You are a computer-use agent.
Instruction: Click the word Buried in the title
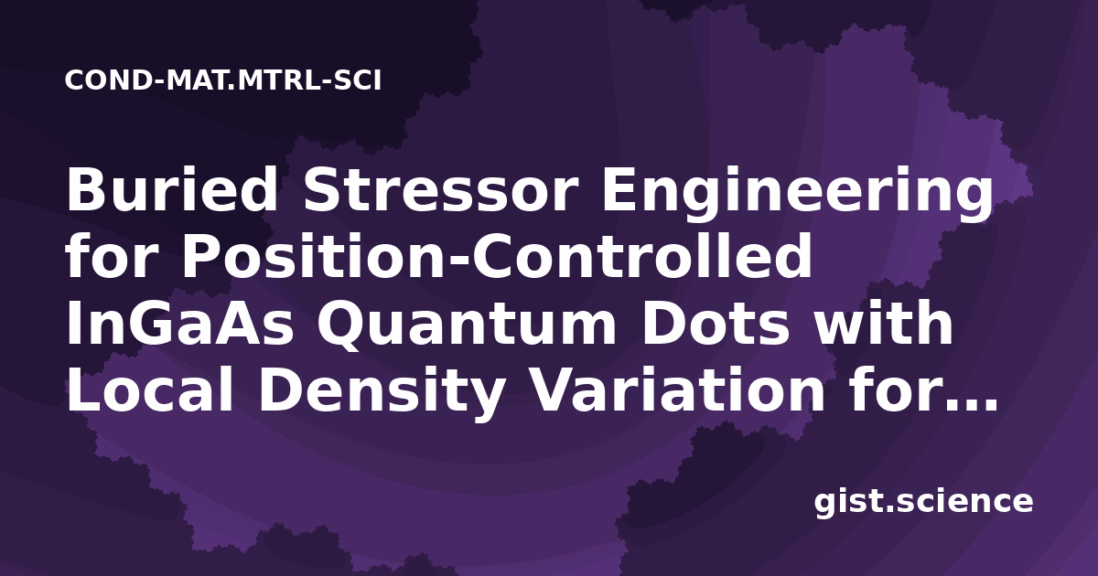pos(172,189)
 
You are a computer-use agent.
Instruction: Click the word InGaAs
pos(180,324)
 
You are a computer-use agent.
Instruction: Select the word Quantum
pos(467,325)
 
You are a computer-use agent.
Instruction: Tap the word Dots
pos(716,324)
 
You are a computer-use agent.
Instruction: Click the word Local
pos(149,389)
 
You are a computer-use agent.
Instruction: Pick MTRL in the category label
pos(277,80)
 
